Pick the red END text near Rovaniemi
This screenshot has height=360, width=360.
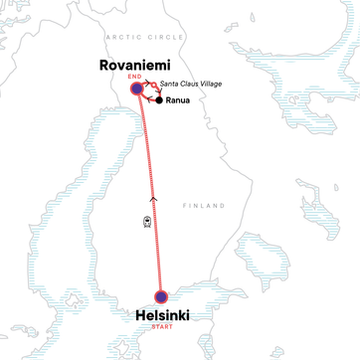126,77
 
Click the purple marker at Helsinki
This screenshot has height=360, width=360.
161,296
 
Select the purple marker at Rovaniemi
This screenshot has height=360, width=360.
137,89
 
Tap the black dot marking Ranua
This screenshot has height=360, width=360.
159,100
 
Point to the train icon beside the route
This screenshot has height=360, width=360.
147,221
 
